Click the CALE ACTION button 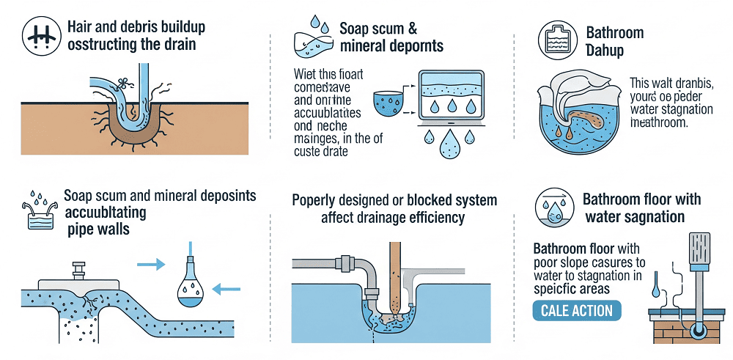[576, 310]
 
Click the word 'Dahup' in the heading [605, 51]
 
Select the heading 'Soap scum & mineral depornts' [391, 37]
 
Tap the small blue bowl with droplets [388, 102]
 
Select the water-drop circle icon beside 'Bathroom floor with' [554, 207]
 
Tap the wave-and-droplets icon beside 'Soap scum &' [313, 40]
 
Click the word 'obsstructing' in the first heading [98, 45]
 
